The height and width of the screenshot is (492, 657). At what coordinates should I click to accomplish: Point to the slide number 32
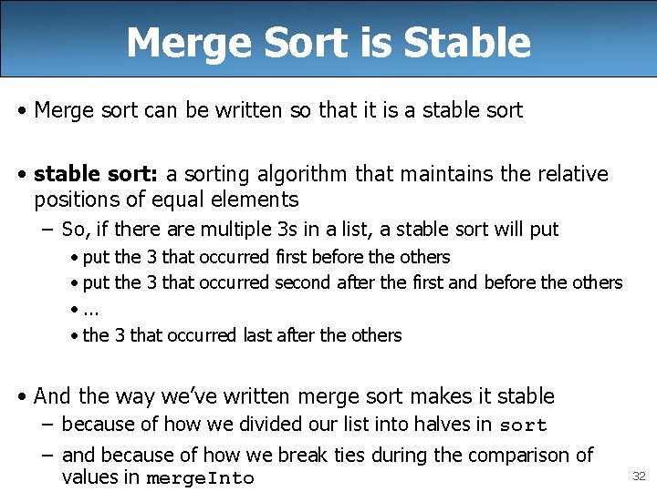point(639,476)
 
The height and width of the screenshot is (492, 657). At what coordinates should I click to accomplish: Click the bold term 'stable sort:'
point(96,174)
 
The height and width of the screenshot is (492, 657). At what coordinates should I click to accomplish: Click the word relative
point(565,174)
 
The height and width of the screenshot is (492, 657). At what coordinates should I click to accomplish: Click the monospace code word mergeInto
point(201,478)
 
